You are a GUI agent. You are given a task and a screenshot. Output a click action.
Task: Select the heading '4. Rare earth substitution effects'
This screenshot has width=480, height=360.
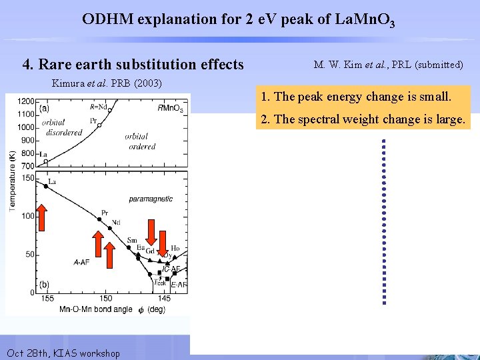point(133,65)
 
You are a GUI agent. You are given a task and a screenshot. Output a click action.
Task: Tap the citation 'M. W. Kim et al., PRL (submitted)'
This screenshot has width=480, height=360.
point(388,65)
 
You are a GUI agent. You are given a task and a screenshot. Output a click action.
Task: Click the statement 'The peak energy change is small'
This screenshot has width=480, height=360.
point(357,97)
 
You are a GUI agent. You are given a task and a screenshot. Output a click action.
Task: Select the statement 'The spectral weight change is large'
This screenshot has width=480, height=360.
point(363,119)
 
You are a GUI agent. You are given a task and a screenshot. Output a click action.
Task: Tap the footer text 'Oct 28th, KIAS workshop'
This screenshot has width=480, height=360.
point(63,353)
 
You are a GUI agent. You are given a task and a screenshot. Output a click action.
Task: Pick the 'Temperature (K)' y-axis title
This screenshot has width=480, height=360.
point(13,180)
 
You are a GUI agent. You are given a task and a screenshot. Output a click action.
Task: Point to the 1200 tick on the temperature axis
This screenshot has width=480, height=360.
point(27,101)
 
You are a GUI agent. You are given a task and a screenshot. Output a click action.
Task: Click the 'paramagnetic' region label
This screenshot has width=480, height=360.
point(151,199)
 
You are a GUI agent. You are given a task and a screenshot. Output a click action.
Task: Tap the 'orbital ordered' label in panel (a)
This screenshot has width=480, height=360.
point(140,141)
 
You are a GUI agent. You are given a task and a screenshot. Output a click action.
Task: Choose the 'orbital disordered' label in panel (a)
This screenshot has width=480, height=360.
point(61,127)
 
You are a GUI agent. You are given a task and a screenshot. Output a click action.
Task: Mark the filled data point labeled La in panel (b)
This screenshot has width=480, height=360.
point(45,187)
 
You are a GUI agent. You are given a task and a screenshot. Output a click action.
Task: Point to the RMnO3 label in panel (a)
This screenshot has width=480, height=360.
point(171,107)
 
